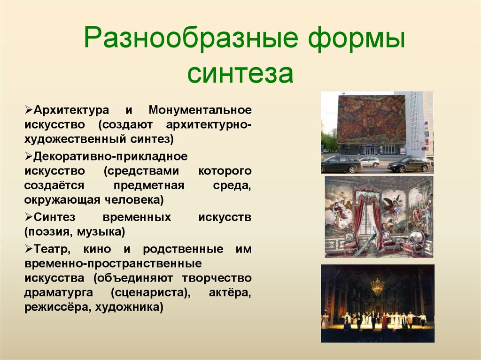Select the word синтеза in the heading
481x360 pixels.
coord(240,73)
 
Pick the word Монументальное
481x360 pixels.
coord(200,110)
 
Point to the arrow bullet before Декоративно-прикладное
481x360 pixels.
coord(28,156)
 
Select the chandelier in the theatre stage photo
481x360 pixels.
coord(377,286)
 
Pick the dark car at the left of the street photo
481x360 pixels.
coord(341,164)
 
